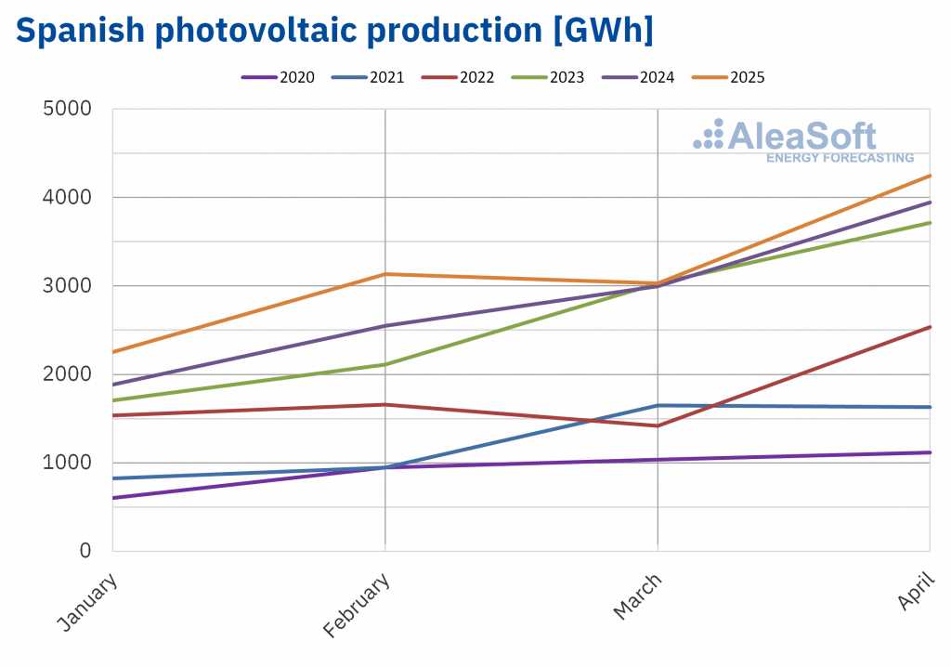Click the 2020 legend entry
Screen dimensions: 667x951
(x=278, y=77)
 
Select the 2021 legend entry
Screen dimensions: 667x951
(x=368, y=77)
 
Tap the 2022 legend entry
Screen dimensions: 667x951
(x=458, y=77)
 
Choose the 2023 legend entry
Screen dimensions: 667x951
(x=548, y=77)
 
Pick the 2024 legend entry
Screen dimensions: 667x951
(x=638, y=77)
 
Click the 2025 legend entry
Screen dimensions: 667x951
(x=728, y=77)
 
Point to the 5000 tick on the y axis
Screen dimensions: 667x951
(x=67, y=109)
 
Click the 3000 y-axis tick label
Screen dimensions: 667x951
(x=67, y=285)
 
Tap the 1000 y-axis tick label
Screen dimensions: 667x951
(x=67, y=462)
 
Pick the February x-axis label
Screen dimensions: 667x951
(x=357, y=605)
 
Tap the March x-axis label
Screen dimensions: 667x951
(x=638, y=595)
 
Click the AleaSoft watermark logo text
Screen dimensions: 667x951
(x=801, y=137)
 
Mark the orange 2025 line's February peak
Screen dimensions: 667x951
(x=385, y=274)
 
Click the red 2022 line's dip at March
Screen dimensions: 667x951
(x=658, y=425)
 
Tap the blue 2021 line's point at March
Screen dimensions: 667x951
(x=658, y=405)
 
